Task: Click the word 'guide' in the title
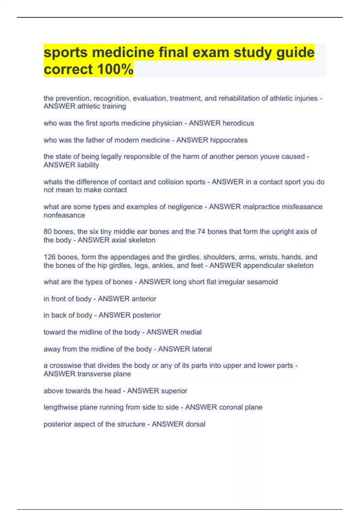coord(295,53)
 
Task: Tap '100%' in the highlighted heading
coord(115,70)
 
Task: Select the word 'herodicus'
coord(238,123)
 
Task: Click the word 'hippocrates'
coord(229,140)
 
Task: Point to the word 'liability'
coord(88,165)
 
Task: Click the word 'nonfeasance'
coord(64,215)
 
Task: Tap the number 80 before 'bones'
coord(48,232)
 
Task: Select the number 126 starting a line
coord(49,257)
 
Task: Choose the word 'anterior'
coord(142,299)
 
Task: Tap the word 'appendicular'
coord(263,265)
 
